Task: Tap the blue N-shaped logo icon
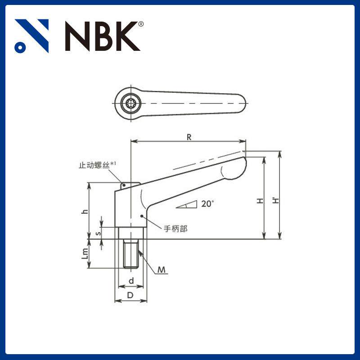pos(31,35)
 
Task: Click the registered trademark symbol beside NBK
pos(141,24)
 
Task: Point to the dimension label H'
pos(275,198)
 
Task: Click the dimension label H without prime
pos(260,201)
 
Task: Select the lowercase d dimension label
pos(131,281)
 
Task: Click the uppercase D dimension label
pos(130,295)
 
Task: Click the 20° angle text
pos(207,203)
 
